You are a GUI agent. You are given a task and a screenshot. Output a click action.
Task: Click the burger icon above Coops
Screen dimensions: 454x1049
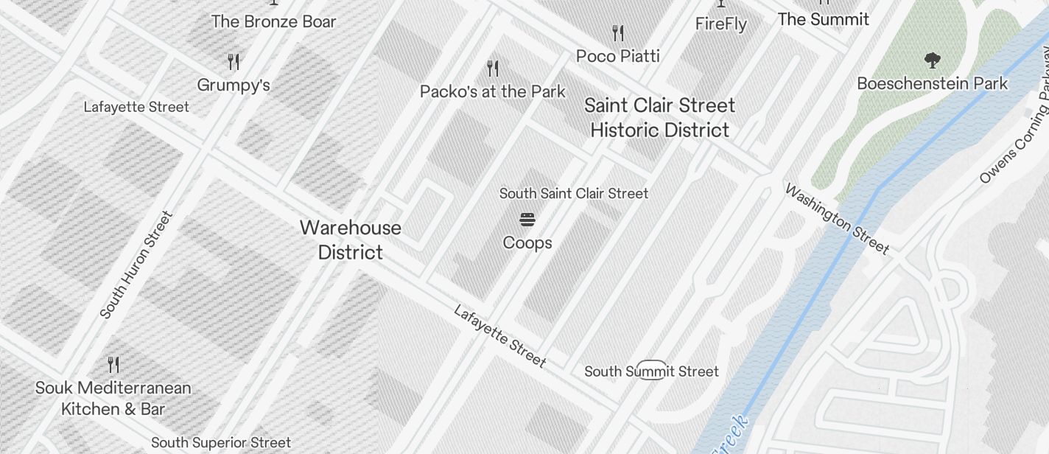(x=527, y=220)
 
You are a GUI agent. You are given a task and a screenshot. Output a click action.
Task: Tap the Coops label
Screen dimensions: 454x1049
(x=527, y=242)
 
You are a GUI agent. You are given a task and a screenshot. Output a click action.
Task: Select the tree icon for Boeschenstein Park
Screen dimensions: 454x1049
(x=932, y=60)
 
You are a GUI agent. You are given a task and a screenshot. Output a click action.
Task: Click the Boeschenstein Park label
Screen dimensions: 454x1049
(x=932, y=83)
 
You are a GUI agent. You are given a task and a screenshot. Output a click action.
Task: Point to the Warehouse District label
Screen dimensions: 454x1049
(x=351, y=240)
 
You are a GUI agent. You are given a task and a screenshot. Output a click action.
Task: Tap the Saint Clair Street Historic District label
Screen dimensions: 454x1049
(x=659, y=117)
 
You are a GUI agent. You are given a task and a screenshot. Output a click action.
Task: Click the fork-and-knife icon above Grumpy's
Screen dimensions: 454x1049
(x=234, y=61)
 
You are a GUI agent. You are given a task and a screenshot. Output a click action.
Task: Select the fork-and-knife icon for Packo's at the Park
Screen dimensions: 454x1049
(x=493, y=69)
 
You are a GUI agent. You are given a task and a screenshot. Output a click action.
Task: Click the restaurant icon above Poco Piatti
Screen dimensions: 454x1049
(x=618, y=33)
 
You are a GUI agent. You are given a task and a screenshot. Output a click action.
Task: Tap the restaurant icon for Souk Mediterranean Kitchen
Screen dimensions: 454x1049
(x=113, y=364)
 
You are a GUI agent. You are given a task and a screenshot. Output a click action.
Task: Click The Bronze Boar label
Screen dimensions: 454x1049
(x=273, y=21)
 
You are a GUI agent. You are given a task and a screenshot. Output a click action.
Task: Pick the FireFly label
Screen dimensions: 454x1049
(x=721, y=24)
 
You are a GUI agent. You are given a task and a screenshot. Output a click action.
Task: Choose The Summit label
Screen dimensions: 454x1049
(x=823, y=19)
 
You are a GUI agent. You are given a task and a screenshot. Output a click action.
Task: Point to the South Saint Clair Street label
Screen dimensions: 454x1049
(x=574, y=193)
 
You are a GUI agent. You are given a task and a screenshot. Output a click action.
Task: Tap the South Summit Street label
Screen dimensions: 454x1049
(x=651, y=371)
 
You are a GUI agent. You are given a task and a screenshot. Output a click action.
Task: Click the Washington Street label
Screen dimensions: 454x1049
(x=837, y=219)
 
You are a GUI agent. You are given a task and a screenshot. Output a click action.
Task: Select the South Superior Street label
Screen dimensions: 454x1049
(x=221, y=443)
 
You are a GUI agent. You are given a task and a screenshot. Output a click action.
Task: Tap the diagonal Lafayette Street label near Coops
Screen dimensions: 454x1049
(x=500, y=336)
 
